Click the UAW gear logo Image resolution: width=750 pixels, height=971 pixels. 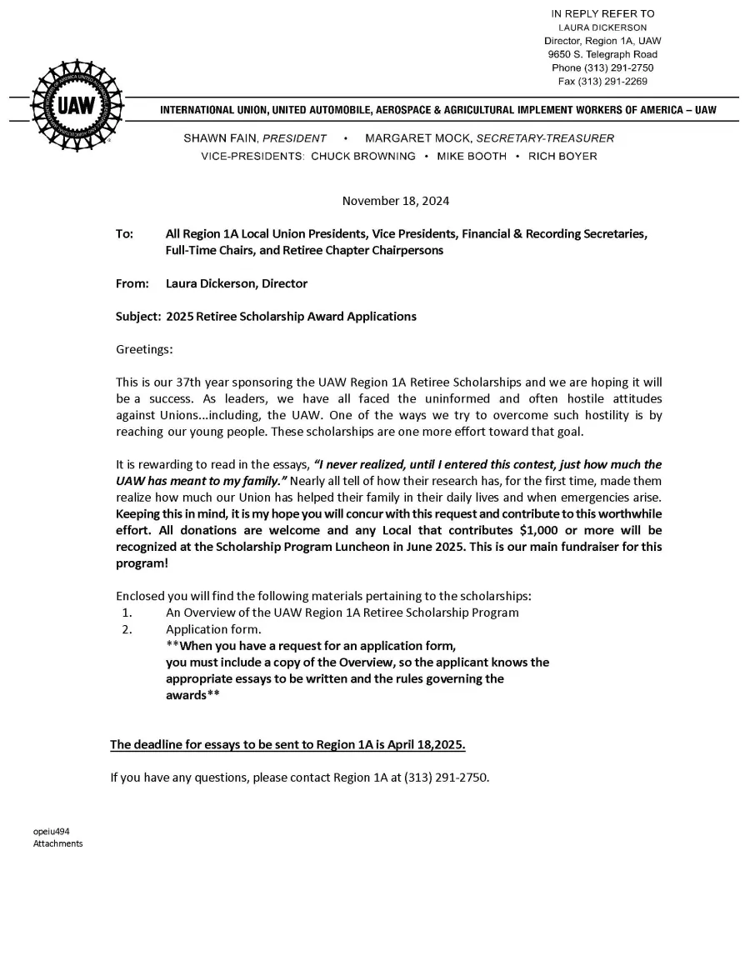[77, 107]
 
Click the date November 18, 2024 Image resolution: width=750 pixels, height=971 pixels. [396, 201]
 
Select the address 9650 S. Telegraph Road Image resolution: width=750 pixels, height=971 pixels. [603, 54]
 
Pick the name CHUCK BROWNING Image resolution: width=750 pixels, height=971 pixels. [363, 156]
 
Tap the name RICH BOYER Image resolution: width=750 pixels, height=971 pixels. [562, 156]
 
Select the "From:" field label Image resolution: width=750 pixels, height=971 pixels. [132, 283]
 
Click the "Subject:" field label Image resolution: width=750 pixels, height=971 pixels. [138, 317]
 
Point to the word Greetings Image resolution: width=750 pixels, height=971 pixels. [144, 350]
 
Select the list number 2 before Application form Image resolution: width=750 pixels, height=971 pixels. [126, 629]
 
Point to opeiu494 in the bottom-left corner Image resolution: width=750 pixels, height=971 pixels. [52, 831]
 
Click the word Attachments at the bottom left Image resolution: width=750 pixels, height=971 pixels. [58, 843]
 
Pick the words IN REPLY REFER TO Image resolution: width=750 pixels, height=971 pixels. [603, 14]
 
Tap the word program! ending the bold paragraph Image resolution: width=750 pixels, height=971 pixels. [142, 563]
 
